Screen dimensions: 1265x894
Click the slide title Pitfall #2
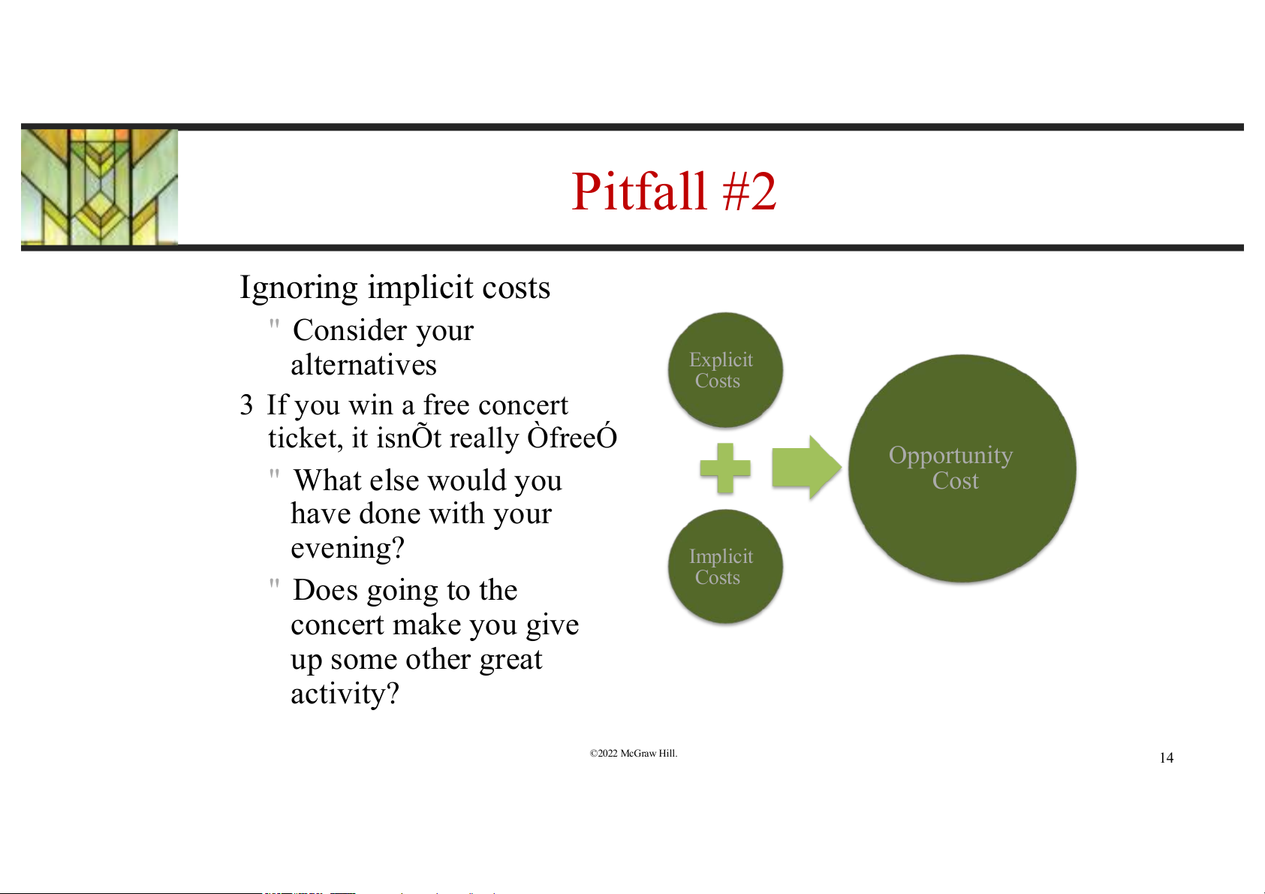click(673, 192)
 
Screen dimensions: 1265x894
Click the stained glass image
click(99, 187)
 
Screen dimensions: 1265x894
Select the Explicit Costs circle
click(725, 370)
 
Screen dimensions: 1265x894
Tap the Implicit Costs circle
click(725, 567)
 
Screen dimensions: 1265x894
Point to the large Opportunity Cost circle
click(962, 468)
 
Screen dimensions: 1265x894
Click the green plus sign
click(725, 468)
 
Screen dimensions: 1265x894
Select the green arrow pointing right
click(806, 468)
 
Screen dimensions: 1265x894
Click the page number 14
click(1166, 758)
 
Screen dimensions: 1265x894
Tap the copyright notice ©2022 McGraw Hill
click(633, 754)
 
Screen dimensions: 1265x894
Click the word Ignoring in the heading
click(299, 288)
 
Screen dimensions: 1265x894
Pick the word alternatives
click(363, 365)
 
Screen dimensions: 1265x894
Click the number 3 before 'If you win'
click(246, 405)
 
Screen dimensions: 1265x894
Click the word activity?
click(345, 694)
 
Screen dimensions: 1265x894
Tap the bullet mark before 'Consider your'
click(275, 325)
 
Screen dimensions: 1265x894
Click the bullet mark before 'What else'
click(275, 475)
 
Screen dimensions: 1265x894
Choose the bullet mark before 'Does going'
click(275, 585)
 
